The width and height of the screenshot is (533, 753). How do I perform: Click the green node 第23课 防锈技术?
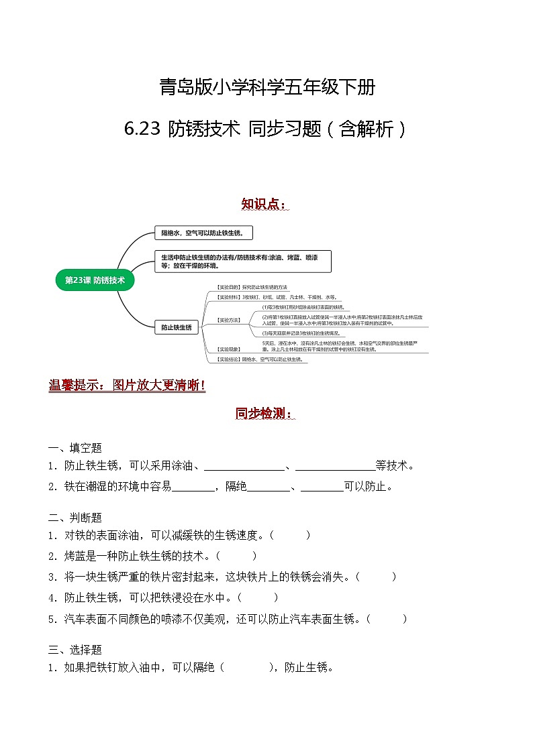[x=95, y=280]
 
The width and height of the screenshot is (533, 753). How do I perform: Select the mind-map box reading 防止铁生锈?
[x=176, y=327]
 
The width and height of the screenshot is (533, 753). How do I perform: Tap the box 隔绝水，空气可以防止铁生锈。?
[x=203, y=233]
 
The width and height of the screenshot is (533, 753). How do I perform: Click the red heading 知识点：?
[x=265, y=203]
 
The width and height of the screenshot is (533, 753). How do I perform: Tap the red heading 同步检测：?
[x=265, y=413]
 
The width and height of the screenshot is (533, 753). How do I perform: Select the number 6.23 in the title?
[x=142, y=129]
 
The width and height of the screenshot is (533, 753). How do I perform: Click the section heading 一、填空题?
[x=75, y=448]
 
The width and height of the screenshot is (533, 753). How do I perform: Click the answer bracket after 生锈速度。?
[x=289, y=535]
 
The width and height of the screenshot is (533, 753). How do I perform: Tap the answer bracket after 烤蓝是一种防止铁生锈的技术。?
[x=236, y=556]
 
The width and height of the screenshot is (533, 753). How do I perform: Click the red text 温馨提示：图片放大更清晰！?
[x=127, y=386]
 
